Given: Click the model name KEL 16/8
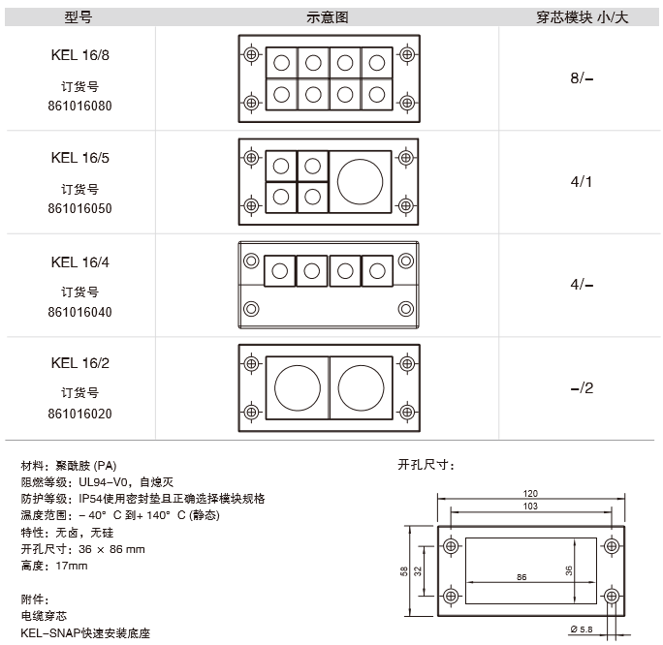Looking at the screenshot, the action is tap(79, 55).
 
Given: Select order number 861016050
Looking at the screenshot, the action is tap(79, 208).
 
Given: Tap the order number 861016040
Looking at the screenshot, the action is tap(79, 312).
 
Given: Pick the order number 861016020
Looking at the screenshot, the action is tap(79, 414).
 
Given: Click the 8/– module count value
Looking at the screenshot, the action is tap(582, 78).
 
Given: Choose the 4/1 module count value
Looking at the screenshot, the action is tap(582, 182).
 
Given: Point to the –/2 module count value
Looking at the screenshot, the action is tap(582, 387).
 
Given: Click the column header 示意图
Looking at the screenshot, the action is tap(328, 17).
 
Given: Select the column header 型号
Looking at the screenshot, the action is tap(79, 17).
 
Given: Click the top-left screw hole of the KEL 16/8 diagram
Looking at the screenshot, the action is tap(252, 54).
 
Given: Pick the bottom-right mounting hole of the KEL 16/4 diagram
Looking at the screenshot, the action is tap(406, 309).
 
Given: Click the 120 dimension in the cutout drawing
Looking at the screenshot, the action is tap(530, 493).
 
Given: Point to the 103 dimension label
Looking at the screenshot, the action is tap(530, 507).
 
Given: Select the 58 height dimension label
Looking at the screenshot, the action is tap(404, 571).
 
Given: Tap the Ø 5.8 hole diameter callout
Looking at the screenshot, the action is tap(582, 630).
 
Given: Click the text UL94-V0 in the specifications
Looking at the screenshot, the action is tap(103, 482).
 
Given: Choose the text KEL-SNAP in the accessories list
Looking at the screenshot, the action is tap(50, 632).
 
